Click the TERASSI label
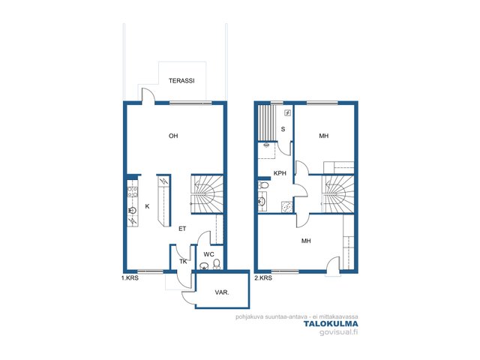[181, 81]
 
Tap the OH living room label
[173, 136]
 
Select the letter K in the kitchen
[147, 206]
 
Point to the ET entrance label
[182, 229]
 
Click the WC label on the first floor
[208, 254]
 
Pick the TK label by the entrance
[183, 262]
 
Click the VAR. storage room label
[222, 292]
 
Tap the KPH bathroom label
[280, 173]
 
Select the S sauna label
[283, 129]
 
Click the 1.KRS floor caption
[130, 278]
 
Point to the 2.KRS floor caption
[263, 278]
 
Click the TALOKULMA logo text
[331, 324]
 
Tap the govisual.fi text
[338, 332]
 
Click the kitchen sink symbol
[133, 210]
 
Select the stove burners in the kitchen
[133, 192]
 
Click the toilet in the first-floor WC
[217, 265]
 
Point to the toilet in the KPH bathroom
[263, 185]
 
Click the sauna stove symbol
[288, 113]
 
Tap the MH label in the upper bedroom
[324, 136]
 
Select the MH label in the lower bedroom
[306, 241]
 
